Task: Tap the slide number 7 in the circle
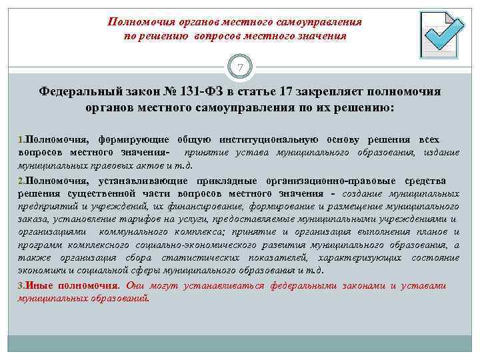(x=240, y=67)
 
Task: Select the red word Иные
(x=39, y=285)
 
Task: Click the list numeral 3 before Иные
(x=20, y=285)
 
